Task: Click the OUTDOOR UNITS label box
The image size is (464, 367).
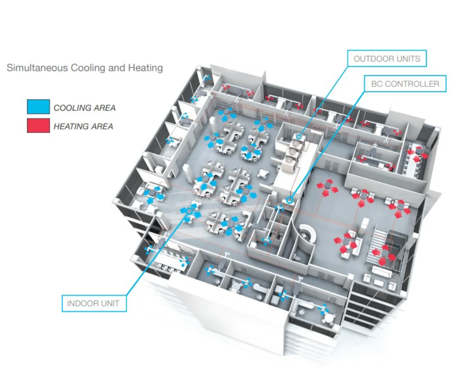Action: click(x=387, y=59)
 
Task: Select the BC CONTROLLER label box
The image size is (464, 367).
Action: click(x=405, y=84)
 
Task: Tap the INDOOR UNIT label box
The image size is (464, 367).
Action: click(x=94, y=303)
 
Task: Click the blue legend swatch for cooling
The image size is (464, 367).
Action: click(x=38, y=107)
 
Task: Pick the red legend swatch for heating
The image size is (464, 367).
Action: click(x=38, y=126)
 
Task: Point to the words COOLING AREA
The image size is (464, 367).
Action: click(x=84, y=108)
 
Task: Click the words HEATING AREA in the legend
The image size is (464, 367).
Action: click(x=83, y=126)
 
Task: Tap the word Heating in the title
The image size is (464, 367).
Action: click(x=147, y=68)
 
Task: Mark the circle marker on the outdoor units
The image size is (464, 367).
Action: click(x=299, y=136)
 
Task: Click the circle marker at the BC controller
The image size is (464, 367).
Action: click(x=289, y=199)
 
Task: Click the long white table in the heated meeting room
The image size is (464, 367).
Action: click(x=414, y=159)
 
